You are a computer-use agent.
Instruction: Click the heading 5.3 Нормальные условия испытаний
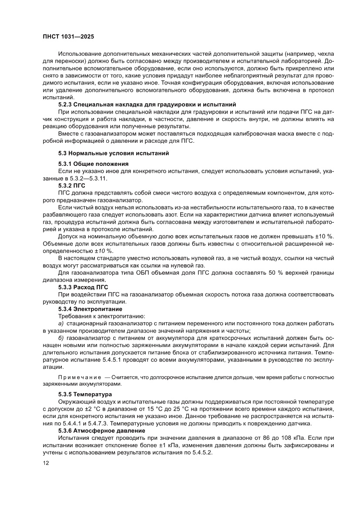pos(114,153)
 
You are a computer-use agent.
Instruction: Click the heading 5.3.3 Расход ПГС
pos(83,288)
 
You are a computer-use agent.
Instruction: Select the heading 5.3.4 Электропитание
pos(90,309)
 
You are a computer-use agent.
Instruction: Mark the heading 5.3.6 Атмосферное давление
pos(104,429)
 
